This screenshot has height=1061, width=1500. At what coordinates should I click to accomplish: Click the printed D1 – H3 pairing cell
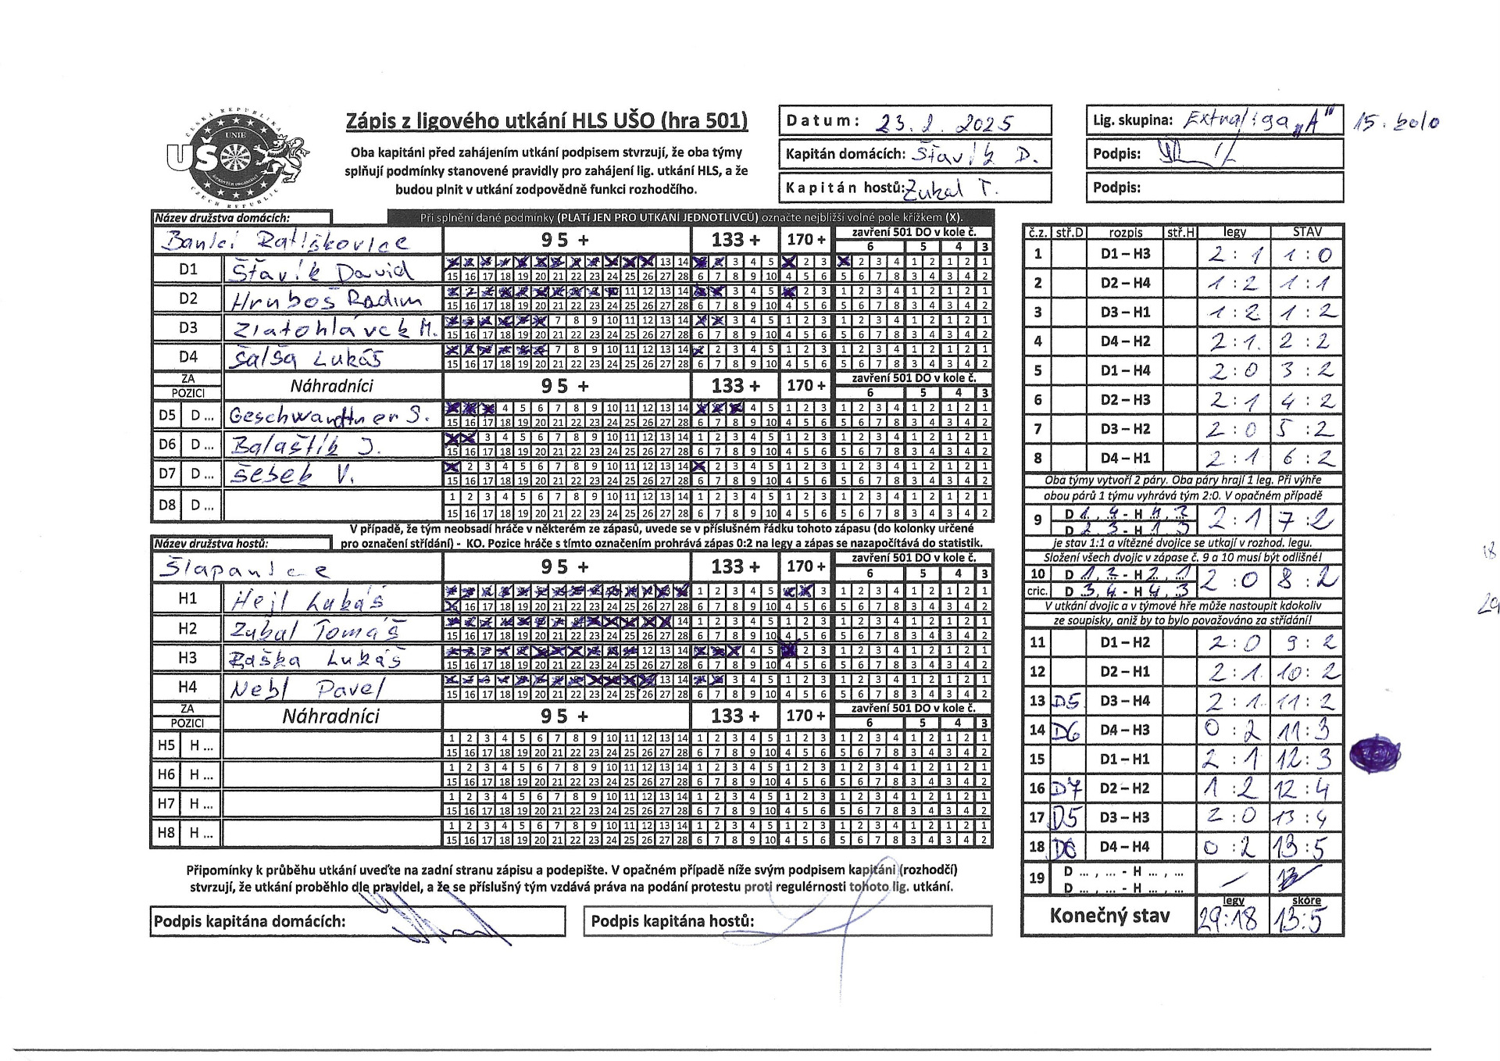click(x=1125, y=254)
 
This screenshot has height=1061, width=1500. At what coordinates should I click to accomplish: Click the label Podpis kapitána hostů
click(x=672, y=921)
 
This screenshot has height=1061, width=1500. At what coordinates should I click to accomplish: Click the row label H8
click(x=166, y=833)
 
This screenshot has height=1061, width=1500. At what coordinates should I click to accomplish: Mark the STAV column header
click(x=1307, y=232)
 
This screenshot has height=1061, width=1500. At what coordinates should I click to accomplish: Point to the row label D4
click(x=188, y=357)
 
